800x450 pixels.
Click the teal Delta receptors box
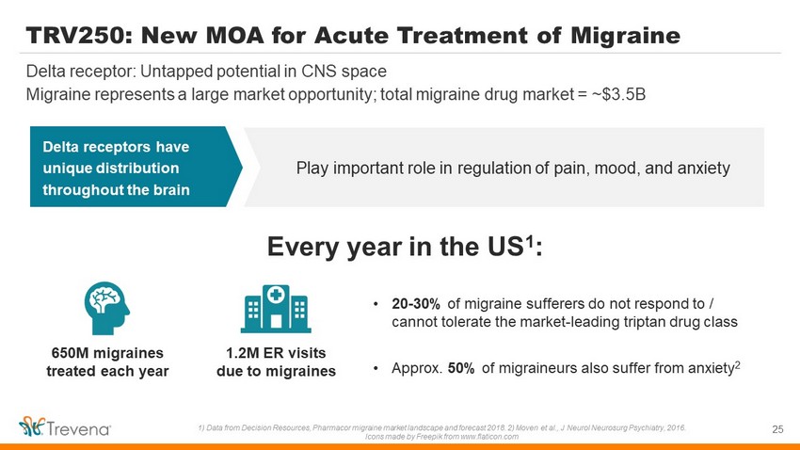pyautogui.click(x=136, y=167)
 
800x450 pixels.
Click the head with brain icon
pyautogui.click(x=106, y=308)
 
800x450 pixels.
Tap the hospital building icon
pyautogui.click(x=276, y=309)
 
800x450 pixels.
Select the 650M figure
pyautogui.click(x=71, y=353)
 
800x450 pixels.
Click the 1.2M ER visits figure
pyautogui.click(x=276, y=353)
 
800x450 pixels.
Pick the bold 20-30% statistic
pyautogui.click(x=416, y=304)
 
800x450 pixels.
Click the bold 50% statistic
pyautogui.click(x=461, y=368)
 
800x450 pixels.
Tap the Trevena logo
pyautogui.click(x=65, y=426)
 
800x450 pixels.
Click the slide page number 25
pyautogui.click(x=777, y=429)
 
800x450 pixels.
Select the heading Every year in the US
pyautogui.click(x=405, y=247)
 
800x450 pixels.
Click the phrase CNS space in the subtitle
pyautogui.click(x=344, y=72)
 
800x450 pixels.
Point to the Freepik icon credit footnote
pyautogui.click(x=441, y=437)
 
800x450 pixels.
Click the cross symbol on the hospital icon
pyautogui.click(x=276, y=295)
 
